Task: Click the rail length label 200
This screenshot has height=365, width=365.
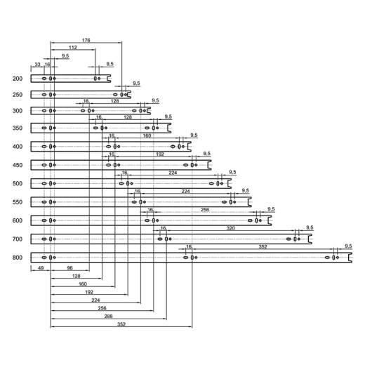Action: tap(18, 79)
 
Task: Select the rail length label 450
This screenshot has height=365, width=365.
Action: tap(18, 165)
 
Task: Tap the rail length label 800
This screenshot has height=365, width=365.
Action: tap(18, 258)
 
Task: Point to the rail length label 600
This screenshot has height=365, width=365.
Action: tap(18, 220)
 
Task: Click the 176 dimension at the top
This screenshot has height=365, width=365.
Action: tap(86, 40)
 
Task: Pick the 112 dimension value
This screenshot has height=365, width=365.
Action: tap(73, 48)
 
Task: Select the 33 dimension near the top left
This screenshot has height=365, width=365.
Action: tap(37, 65)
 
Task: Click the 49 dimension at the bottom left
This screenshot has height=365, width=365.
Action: tap(41, 268)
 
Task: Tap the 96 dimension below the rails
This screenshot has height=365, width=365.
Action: tap(69, 268)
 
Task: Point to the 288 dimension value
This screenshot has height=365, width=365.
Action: tap(108, 317)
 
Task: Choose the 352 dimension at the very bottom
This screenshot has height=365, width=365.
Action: tap(121, 324)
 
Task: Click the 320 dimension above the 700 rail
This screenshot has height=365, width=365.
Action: tap(230, 228)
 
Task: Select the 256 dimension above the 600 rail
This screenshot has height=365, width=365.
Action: tap(205, 210)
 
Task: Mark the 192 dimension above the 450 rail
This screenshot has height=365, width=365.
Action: tap(160, 154)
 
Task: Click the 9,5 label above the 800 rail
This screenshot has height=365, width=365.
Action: tap(348, 246)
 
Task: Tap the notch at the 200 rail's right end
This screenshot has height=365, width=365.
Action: tap(108, 79)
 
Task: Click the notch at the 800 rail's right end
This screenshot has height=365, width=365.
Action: tap(350, 258)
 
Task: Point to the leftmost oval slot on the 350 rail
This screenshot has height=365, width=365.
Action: tap(44, 128)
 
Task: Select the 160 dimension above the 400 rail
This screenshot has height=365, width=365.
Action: tap(147, 135)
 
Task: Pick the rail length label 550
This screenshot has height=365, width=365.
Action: tap(18, 202)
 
